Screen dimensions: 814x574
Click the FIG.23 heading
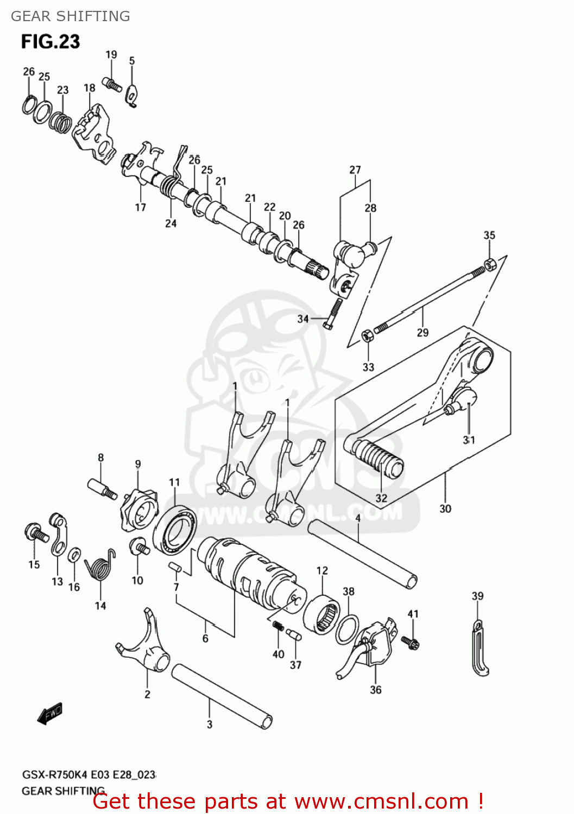pos(51,42)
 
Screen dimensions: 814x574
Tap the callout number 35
pos(489,235)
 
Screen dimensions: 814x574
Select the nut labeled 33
pos(367,335)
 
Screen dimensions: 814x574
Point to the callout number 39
pos(477,596)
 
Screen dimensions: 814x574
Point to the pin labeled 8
pos(102,487)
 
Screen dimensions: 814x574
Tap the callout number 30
pos(445,508)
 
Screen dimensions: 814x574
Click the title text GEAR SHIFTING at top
pos(71,16)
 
